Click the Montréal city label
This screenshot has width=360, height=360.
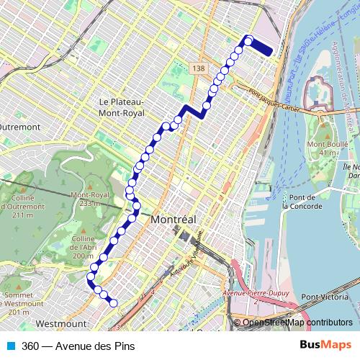point(175,219)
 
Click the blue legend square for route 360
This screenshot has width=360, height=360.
point(11,346)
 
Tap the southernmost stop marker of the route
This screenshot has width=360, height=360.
point(113,303)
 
